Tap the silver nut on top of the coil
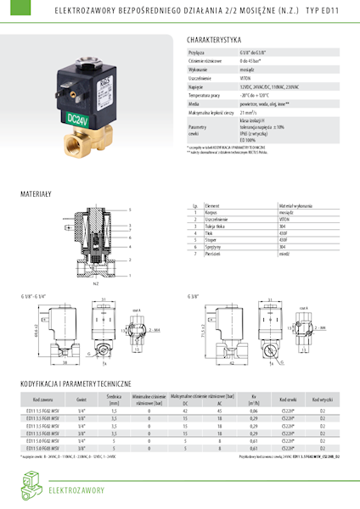coord(86,64)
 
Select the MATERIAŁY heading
coord(36,194)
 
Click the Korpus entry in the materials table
coord(213,212)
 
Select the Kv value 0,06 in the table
coord(253,409)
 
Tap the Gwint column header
coord(82,398)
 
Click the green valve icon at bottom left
coord(30,488)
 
